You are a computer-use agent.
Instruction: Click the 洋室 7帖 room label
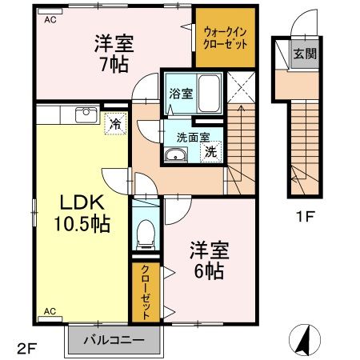[112, 54]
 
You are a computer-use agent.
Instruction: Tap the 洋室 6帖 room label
[210, 259]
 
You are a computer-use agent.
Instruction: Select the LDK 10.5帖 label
[79, 214]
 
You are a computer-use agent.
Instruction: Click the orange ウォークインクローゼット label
[225, 37]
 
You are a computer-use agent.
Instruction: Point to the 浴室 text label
[178, 93]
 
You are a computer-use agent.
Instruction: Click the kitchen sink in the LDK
[84, 114]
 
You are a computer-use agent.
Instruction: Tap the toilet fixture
[145, 232]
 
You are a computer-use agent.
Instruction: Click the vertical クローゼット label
[146, 292]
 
